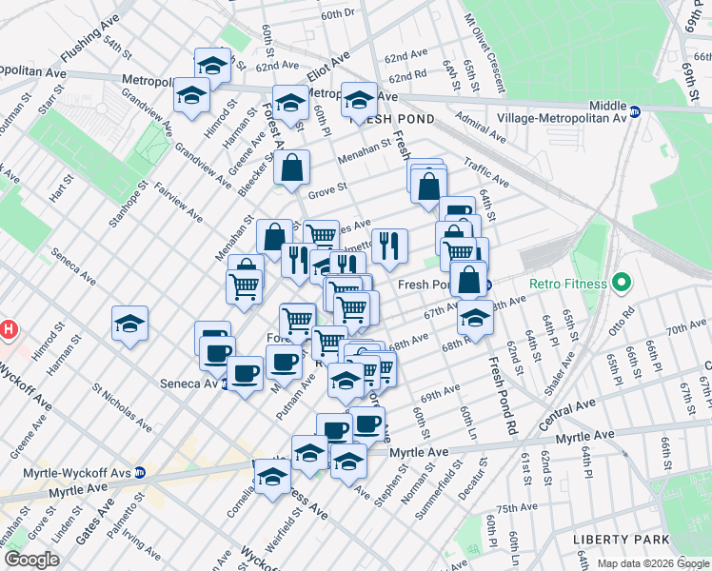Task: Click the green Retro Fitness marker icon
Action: pyautogui.click(x=623, y=283)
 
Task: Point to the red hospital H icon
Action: pyautogui.click(x=8, y=330)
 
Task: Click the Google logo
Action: pyautogui.click(x=31, y=560)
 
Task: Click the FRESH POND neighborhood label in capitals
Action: pyautogui.click(x=393, y=119)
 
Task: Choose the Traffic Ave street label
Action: pyautogui.click(x=486, y=172)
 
